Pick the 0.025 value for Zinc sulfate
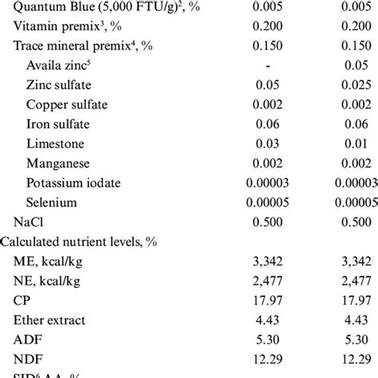click(x=353, y=86)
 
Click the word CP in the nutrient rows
click(x=23, y=300)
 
